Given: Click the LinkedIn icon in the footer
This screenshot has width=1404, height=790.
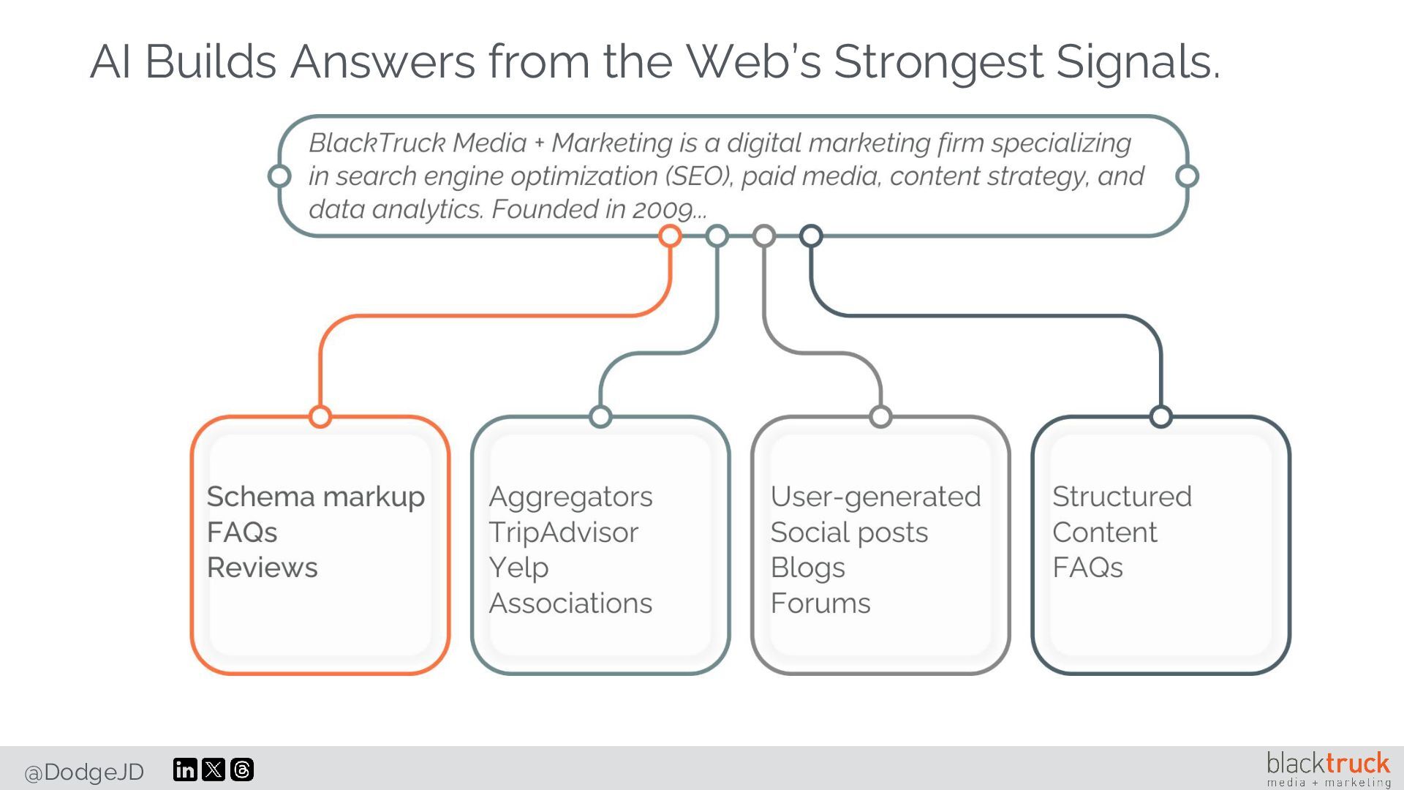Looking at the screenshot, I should point(185,770).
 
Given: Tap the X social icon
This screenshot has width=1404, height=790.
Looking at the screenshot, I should point(214,770).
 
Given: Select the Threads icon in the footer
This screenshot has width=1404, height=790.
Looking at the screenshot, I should point(242,770).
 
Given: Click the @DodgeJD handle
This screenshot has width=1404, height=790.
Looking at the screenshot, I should point(84,772).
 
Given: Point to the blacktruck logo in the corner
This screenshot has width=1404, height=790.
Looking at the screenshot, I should point(1328,769).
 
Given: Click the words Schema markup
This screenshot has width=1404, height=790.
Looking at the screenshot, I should point(315,497).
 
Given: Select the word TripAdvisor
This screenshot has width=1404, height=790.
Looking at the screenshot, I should point(563,533).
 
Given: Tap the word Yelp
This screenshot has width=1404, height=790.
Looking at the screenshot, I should point(518,568).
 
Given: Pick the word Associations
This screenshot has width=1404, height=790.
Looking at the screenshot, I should point(570,603).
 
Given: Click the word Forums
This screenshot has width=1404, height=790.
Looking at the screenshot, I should point(820,603).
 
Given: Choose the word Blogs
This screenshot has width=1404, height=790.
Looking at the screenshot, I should point(807,568).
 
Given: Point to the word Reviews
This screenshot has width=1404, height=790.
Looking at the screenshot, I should point(262,568).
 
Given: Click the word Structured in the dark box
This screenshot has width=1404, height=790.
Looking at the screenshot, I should point(1122,497).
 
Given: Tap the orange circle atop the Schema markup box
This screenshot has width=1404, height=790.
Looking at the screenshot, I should point(320,416).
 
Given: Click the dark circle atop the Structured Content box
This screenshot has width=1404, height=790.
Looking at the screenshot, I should point(1160,416).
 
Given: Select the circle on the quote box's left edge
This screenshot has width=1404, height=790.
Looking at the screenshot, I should point(279,176).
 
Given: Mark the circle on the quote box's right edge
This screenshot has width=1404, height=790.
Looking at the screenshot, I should point(1187,176).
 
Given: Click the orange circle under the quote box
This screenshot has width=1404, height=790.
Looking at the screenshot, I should point(670,236).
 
